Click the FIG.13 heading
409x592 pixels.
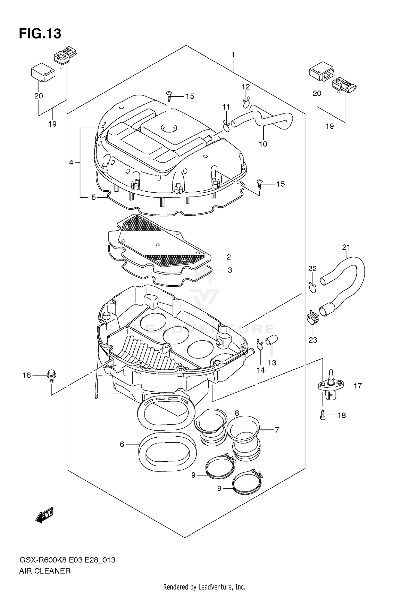40,34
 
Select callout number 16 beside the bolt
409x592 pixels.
27,375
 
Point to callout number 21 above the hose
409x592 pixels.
346,247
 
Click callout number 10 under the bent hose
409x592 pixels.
263,144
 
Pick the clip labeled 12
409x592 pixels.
246,103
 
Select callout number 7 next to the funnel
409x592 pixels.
277,430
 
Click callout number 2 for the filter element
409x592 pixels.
228,257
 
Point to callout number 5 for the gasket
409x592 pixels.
94,197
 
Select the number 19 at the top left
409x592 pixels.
52,124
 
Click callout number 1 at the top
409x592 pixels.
233,55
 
